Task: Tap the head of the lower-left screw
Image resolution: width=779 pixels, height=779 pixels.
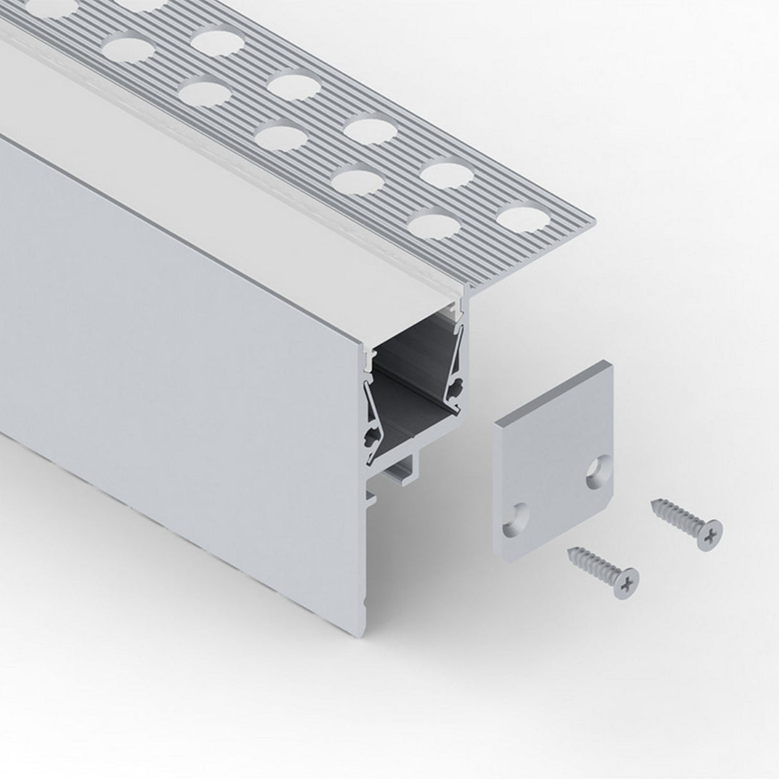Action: point(626,580)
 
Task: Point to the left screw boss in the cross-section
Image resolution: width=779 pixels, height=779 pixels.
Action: point(371,438)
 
